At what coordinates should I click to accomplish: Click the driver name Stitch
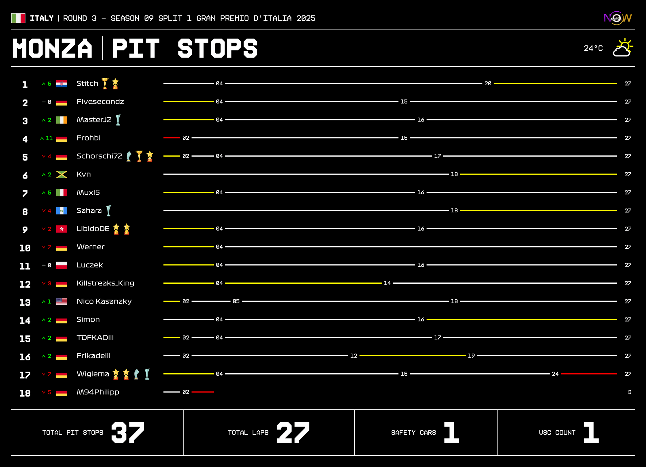[x=87, y=84]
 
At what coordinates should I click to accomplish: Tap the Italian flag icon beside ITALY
[x=18, y=18]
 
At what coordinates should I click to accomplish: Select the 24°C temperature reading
[x=593, y=48]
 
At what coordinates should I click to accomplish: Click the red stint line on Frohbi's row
[x=172, y=138]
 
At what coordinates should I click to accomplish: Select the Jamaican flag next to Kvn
[x=62, y=175]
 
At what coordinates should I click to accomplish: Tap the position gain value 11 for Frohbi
[x=49, y=138]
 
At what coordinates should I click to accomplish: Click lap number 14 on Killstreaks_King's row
[x=387, y=283]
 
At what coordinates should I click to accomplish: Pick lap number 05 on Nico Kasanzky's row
[x=236, y=301]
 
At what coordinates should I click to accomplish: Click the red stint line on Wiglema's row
[x=588, y=374]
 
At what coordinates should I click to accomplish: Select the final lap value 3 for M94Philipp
[x=630, y=392]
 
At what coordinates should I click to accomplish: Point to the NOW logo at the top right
[x=617, y=18]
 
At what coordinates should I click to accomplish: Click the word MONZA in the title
[x=52, y=48]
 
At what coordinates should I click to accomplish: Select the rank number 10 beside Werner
[x=25, y=248]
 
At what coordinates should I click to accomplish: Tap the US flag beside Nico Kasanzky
[x=62, y=301]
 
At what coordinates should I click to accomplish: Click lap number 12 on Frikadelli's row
[x=354, y=356]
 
